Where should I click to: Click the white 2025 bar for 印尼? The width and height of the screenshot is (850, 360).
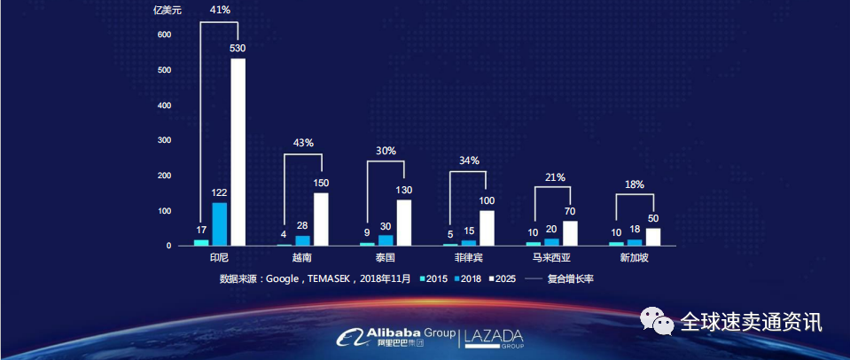pyautogui.click(x=238, y=152)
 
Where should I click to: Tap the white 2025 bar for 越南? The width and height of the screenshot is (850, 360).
pyautogui.click(x=321, y=218)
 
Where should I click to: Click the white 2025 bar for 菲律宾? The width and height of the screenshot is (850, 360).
pyautogui.click(x=487, y=227)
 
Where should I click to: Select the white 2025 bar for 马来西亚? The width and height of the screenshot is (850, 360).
pyautogui.click(x=570, y=232)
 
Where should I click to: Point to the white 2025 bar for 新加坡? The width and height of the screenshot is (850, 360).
pyautogui.click(x=653, y=236)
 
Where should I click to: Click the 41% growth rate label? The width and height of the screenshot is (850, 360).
pyautogui.click(x=220, y=10)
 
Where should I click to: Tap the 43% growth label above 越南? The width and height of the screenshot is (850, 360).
pyautogui.click(x=302, y=143)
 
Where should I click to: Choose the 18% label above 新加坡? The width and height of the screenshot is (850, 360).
pyautogui.click(x=635, y=184)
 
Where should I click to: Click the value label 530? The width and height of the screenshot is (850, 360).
pyautogui.click(x=238, y=49)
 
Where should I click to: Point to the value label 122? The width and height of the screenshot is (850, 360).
pyautogui.click(x=220, y=192)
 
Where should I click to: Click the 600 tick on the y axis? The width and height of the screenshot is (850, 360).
pyautogui.click(x=164, y=35)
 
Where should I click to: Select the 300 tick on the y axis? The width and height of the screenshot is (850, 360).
pyautogui.click(x=164, y=140)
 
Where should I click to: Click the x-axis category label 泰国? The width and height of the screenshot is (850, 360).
pyautogui.click(x=385, y=257)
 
